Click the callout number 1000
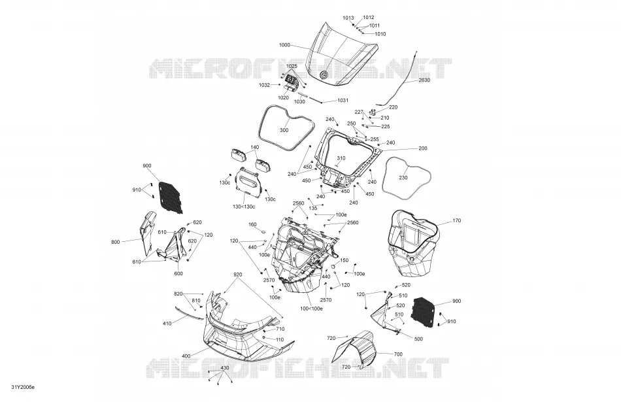click(285, 45)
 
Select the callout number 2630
click(424, 80)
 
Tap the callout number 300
click(284, 130)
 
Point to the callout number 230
click(403, 178)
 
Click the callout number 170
click(457, 220)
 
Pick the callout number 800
click(115, 242)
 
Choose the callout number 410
click(167, 324)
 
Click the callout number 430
click(225, 368)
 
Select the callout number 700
click(399, 354)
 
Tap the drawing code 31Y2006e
click(23, 387)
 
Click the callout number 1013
click(348, 18)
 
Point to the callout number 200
click(423, 148)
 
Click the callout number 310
click(341, 158)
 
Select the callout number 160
click(253, 225)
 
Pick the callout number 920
click(238, 275)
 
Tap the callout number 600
click(178, 274)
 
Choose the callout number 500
click(418, 339)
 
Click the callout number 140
click(255, 147)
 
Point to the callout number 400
click(186, 356)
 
